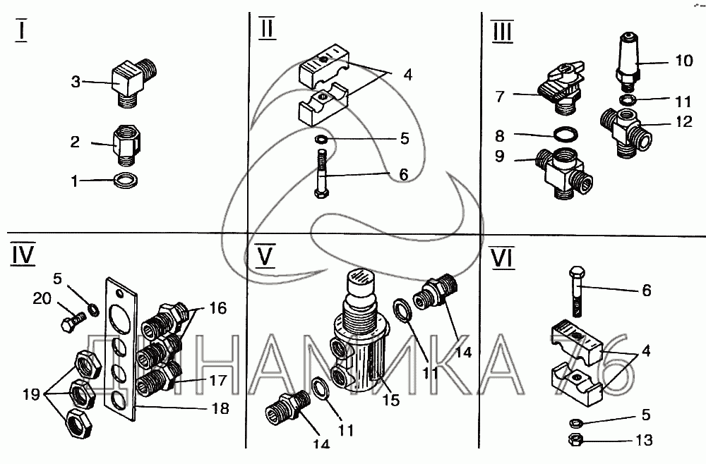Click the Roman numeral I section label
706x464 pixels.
coord(21,32)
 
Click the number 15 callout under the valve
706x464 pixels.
coord(391,401)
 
